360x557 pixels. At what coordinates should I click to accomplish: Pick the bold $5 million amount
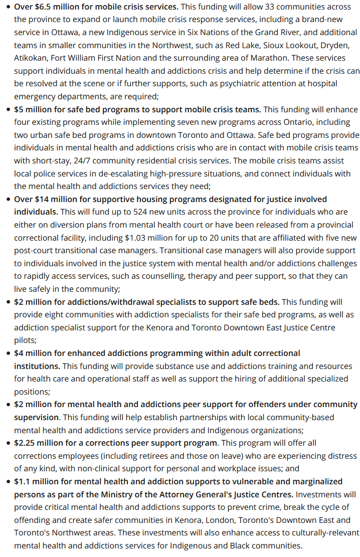34,109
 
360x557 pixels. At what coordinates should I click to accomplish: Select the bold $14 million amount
50,199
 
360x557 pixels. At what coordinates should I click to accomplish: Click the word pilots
27,340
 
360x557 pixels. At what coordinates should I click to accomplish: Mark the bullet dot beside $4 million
9,353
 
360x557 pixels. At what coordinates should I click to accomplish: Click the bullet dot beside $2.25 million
9,443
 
